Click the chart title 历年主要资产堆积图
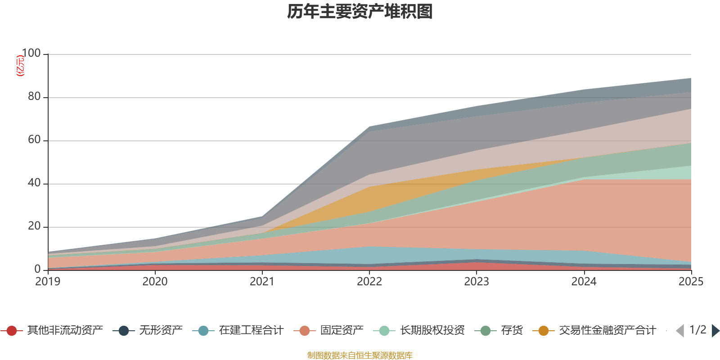pos(360,12)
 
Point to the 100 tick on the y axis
pos(31,54)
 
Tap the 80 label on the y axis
pos(34,97)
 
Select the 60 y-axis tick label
pos(34,140)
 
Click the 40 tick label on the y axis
pos(34,183)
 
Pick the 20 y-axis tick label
pos(34,226)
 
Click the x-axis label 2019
pos(48,282)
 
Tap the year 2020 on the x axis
pos(155,282)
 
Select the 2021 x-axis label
pos(262,282)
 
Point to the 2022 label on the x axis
pos(369,282)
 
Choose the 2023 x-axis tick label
pos(477,282)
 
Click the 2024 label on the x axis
pos(584,282)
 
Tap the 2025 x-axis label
pos(691,282)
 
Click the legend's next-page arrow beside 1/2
pos(715,331)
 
